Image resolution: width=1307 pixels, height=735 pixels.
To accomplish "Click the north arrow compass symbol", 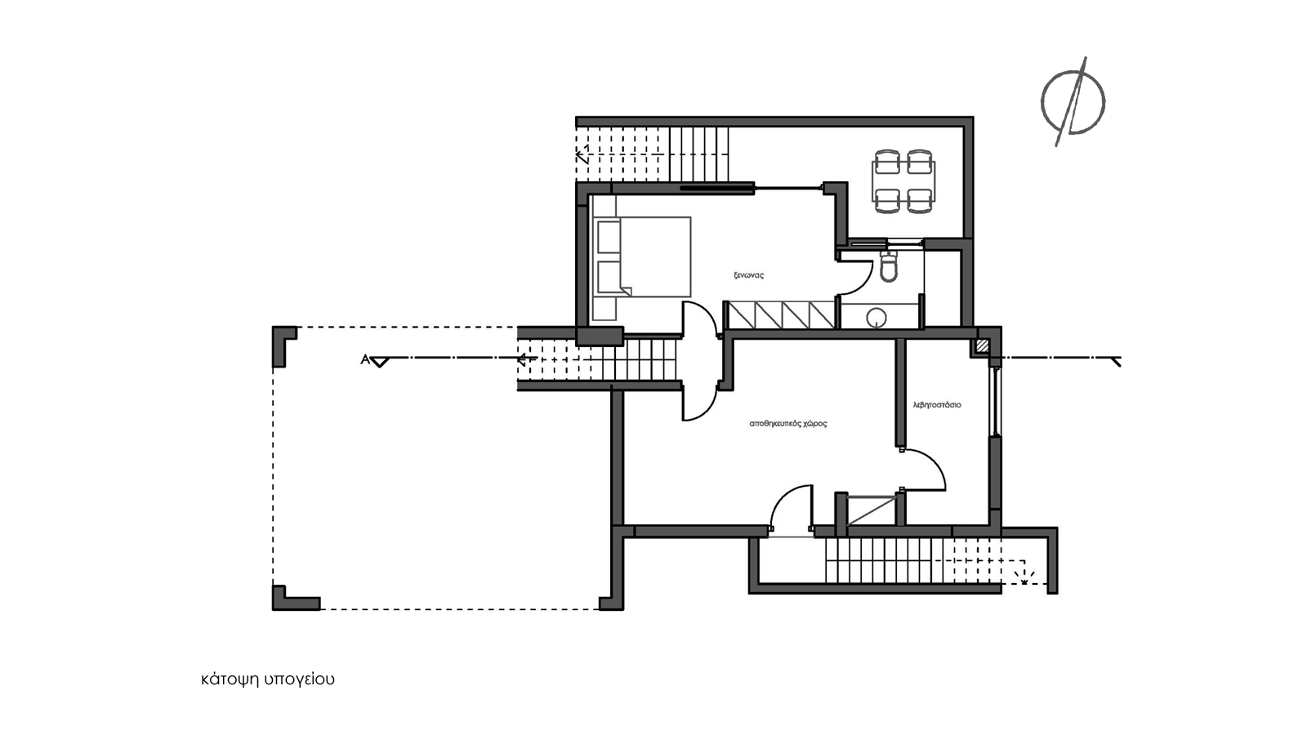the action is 1073,103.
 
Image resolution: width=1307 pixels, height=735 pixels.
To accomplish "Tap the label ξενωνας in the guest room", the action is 748,274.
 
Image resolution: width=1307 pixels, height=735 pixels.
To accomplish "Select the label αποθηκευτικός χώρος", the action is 787,424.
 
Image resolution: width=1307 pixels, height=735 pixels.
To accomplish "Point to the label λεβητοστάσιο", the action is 937,404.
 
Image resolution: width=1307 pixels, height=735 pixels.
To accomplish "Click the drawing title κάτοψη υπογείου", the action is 268,679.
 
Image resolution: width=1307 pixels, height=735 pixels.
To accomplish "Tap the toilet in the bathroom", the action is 889,268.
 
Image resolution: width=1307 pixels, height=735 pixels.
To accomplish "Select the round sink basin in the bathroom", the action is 877,318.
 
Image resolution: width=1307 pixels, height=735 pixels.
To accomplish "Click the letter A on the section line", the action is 365,359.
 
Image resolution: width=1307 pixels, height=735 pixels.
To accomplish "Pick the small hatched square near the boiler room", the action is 984,346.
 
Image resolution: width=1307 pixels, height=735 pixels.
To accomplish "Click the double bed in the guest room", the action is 642,256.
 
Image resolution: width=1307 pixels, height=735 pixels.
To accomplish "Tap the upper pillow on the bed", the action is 609,237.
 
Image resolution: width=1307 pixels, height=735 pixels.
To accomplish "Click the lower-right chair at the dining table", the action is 920,201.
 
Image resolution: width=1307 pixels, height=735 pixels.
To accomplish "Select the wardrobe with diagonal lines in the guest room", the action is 781,314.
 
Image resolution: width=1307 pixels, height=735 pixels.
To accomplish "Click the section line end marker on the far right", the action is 1116,363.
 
